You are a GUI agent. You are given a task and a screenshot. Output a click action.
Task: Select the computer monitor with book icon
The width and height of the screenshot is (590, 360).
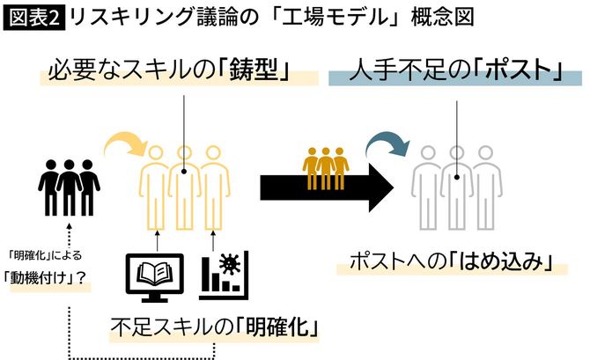pyautogui.click(x=155, y=274)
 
